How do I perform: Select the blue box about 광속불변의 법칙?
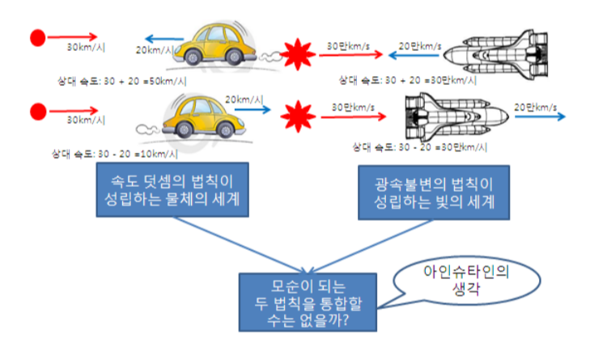434,192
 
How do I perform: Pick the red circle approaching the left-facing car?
36,36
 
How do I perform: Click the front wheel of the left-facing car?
193,57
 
